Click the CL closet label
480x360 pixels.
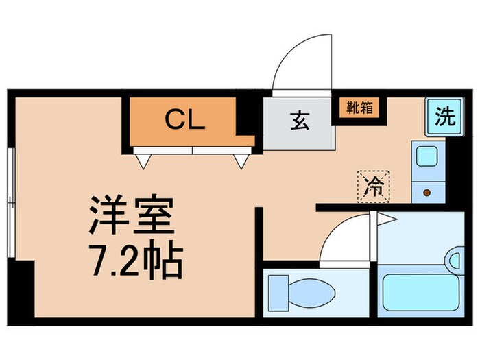click(184, 121)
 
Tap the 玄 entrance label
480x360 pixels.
click(300, 121)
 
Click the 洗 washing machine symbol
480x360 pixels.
click(444, 116)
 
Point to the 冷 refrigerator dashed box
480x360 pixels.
click(374, 185)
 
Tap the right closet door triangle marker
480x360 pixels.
click(241, 160)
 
